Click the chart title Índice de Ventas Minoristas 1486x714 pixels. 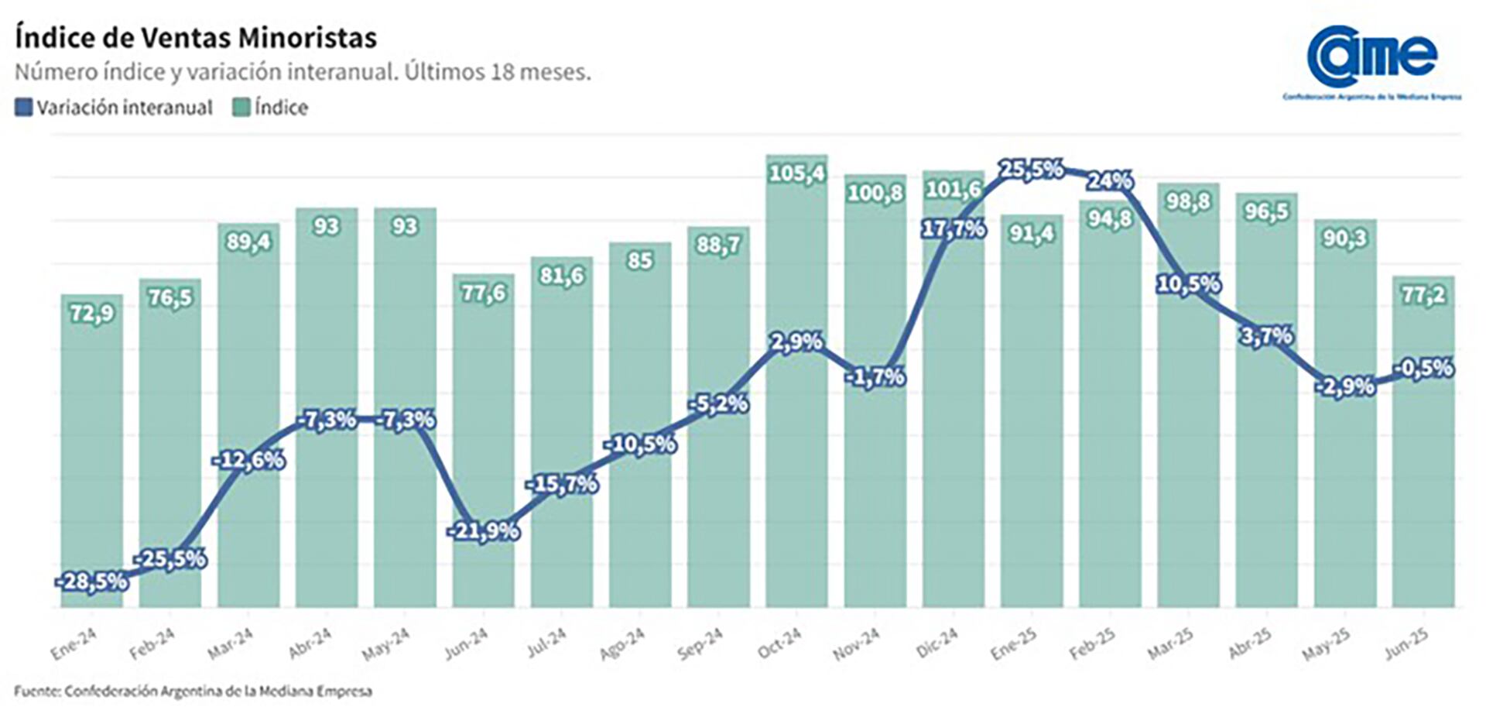point(196,37)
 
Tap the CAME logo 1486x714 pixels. point(1371,58)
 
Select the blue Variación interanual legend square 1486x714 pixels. point(23,108)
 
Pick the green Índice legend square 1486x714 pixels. point(241,108)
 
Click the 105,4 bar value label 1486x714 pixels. point(796,173)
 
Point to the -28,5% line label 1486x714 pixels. point(92,582)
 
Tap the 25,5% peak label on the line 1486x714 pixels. point(1031,169)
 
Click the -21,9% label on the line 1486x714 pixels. point(483,531)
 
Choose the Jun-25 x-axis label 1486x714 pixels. point(1406,644)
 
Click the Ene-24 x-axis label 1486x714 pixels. point(74,644)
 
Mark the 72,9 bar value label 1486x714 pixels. point(92,314)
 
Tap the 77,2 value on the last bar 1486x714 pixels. point(1423,294)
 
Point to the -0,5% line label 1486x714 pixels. point(1423,368)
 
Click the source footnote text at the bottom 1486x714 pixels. point(193,692)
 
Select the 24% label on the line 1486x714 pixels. point(1110,181)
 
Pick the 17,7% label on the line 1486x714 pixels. point(953,229)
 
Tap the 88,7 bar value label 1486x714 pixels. point(718,245)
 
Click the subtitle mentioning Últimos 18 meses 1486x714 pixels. point(303,72)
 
